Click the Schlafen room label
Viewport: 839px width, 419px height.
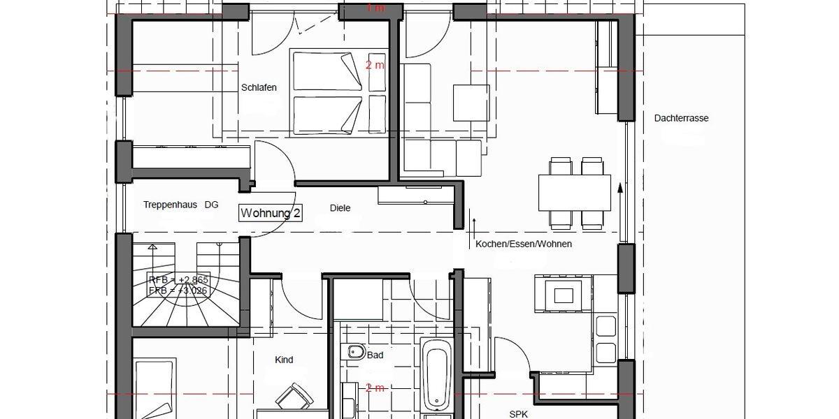(x=259, y=88)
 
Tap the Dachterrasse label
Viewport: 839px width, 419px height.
(x=681, y=118)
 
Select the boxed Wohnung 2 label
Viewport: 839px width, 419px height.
(x=271, y=213)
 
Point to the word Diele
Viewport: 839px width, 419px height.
(x=340, y=208)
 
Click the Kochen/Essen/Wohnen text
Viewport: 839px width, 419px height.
(x=524, y=244)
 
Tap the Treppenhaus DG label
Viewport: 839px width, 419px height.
(x=180, y=205)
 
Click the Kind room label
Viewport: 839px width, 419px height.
(x=284, y=360)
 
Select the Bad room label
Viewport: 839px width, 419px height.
(x=375, y=355)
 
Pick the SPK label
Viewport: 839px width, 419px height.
(x=518, y=413)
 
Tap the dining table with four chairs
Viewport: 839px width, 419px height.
(x=575, y=193)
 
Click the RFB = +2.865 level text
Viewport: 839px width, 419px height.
(x=178, y=280)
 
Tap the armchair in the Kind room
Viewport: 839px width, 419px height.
(x=294, y=396)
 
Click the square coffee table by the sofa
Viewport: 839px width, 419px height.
(x=471, y=102)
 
